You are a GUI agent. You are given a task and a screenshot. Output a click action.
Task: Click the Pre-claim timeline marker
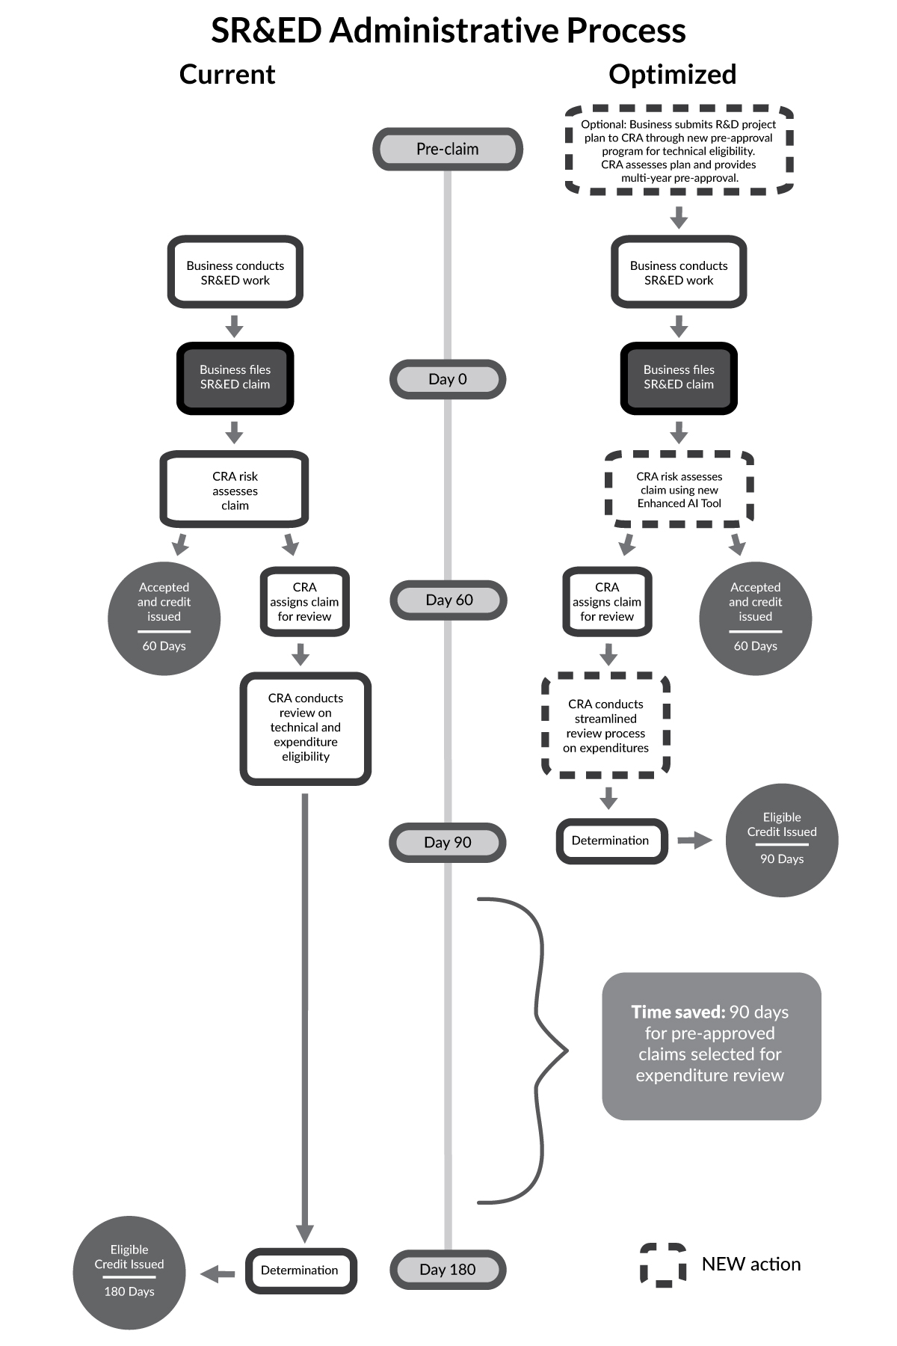click(x=447, y=149)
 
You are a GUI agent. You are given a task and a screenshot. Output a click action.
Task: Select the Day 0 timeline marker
click(x=447, y=379)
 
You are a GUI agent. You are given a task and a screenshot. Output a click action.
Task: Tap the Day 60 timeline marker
click(x=448, y=600)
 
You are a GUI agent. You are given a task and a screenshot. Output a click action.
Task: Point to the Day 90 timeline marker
click(x=447, y=842)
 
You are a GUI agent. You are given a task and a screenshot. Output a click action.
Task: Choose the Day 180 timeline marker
click(x=447, y=1269)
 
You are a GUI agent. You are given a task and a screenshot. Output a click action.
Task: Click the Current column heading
click(x=227, y=74)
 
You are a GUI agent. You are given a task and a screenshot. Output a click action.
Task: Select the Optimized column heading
click(x=672, y=74)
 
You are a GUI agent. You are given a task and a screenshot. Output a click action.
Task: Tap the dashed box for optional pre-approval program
click(x=679, y=150)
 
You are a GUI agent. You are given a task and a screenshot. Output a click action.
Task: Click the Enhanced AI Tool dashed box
click(x=679, y=490)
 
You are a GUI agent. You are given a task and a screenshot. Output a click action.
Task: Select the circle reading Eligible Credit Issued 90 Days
click(x=782, y=840)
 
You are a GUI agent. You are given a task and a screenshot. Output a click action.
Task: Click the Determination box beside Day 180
click(x=300, y=1270)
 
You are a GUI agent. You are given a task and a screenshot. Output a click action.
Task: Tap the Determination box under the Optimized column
click(x=611, y=841)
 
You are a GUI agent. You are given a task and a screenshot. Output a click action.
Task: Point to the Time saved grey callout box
click(x=711, y=1045)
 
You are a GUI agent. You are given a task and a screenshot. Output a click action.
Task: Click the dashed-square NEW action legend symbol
click(x=662, y=1264)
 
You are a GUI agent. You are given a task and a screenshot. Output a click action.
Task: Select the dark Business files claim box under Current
click(x=235, y=378)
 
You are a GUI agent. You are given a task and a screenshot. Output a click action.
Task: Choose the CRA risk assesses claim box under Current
click(x=235, y=490)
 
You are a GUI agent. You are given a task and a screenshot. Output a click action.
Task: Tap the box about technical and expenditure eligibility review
click(x=305, y=728)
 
